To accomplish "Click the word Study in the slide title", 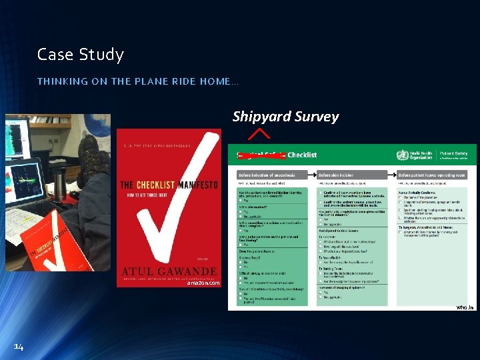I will tap(101, 55).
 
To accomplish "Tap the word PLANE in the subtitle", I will tap(131, 81).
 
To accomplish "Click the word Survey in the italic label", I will tap(316, 117).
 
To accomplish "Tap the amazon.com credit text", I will tap(203, 283).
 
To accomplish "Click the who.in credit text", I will tap(465, 307).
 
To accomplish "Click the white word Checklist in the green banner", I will tap(303, 155).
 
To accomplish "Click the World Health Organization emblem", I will tap(402, 155).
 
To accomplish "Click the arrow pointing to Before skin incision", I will tap(313, 175).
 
